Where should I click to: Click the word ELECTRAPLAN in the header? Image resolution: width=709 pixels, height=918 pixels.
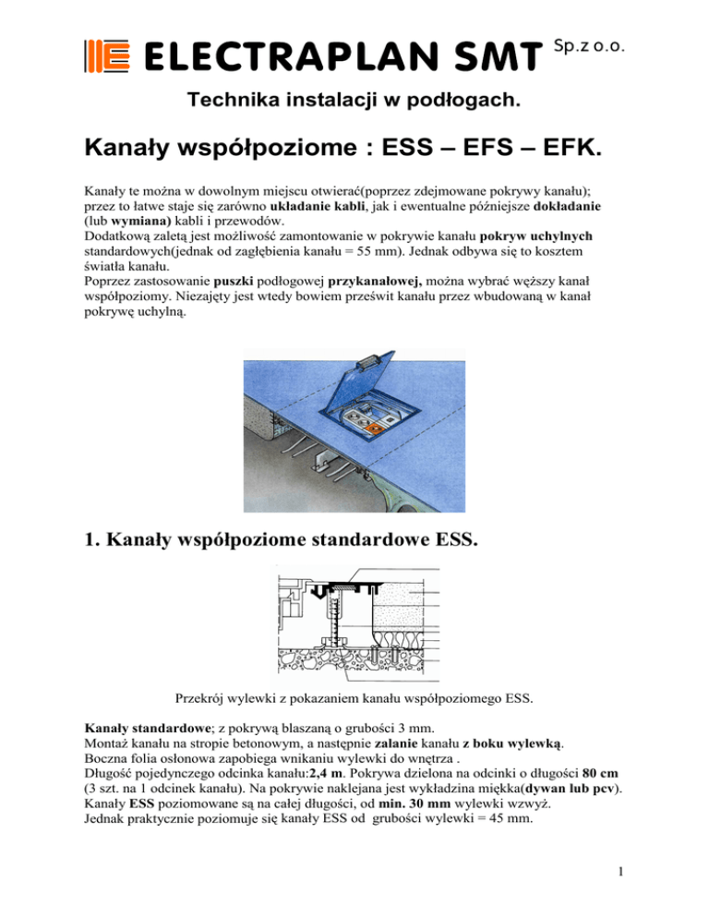278,57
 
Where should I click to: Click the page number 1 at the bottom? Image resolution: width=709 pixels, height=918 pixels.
621,892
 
